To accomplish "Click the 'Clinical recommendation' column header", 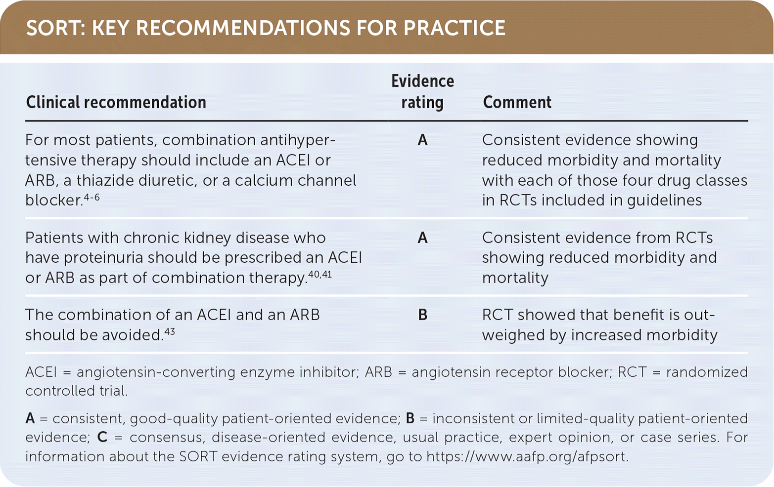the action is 116,103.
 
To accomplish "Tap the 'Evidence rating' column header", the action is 422,92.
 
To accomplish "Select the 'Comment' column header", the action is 517,103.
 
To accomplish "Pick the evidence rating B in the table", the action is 422,315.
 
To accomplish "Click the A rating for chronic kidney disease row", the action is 422,238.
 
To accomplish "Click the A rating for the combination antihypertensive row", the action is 422,140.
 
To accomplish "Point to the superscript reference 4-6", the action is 91,197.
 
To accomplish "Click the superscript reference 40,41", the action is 319,275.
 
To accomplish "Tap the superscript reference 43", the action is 170,332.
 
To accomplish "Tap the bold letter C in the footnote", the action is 102,437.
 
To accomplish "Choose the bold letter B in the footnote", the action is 410,418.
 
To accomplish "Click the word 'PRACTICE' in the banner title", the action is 455,28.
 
